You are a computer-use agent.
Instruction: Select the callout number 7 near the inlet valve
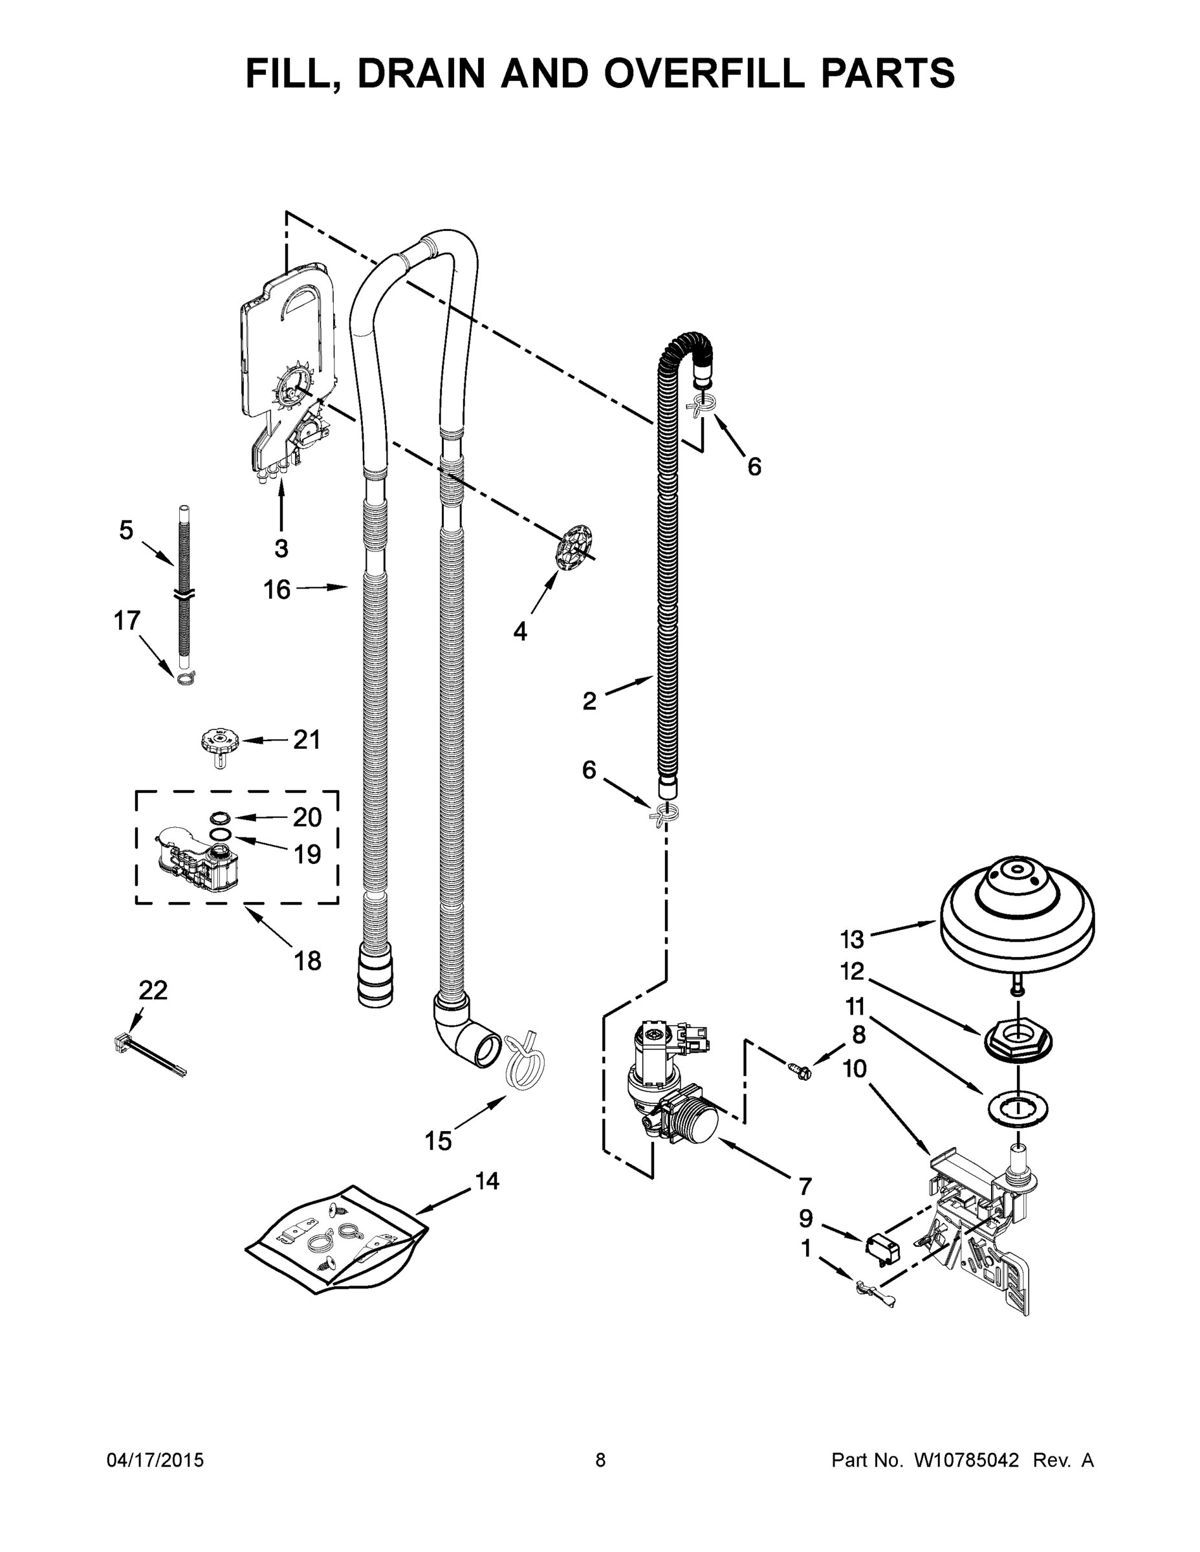[804, 1186]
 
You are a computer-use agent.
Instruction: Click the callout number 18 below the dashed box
[307, 961]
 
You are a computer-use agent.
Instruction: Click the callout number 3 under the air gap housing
[281, 548]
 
